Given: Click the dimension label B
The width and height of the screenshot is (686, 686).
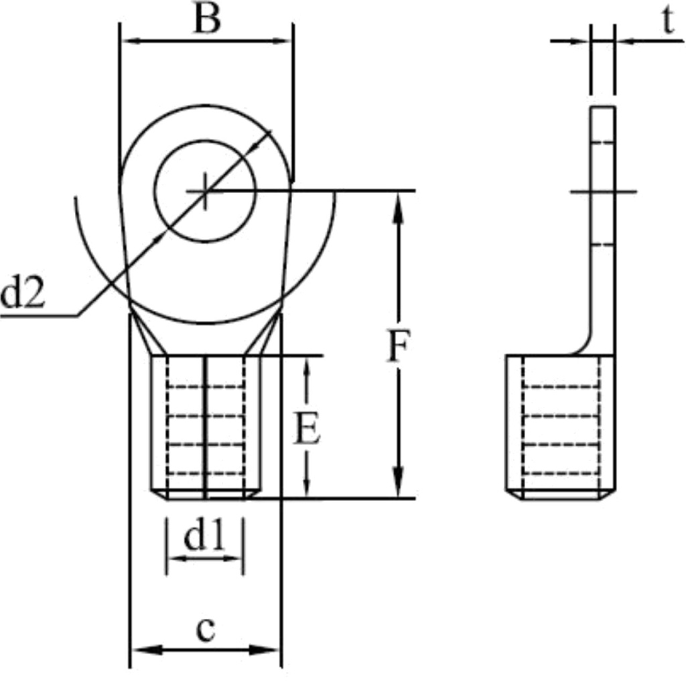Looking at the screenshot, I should tap(206, 20).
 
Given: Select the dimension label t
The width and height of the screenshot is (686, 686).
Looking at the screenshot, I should tap(667, 21).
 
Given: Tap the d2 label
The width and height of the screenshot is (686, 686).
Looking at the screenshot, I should tap(23, 294).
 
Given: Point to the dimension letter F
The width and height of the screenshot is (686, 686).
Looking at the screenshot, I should tap(398, 346).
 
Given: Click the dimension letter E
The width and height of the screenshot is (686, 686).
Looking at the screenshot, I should tap(307, 429).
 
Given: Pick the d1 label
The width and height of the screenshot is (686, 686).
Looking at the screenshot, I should tap(204, 537).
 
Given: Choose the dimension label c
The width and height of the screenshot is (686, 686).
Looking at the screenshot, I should tap(206, 630).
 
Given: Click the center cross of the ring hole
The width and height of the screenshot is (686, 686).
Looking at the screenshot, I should tap(205, 192).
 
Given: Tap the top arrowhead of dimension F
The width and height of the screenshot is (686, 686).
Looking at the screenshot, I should tap(399, 204).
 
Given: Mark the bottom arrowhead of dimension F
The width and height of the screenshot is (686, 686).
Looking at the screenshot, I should tap(399, 485).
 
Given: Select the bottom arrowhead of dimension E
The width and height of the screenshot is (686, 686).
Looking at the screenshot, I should tap(307, 488).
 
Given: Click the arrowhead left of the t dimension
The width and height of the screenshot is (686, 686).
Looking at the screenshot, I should tap(580, 41).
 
